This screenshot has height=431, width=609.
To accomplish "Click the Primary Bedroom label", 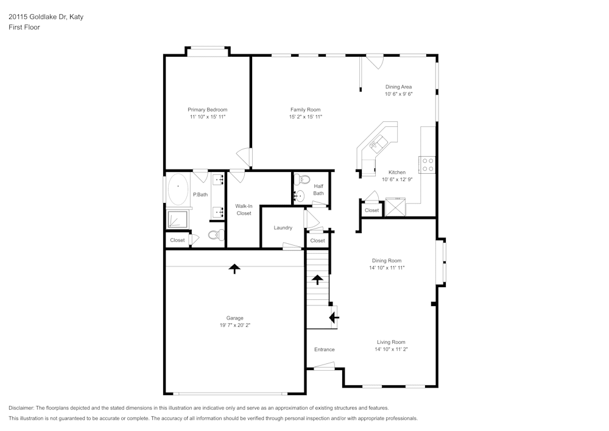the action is pyautogui.click(x=208, y=110).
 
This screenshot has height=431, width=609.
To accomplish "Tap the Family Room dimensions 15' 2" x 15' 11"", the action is pyautogui.click(x=306, y=116).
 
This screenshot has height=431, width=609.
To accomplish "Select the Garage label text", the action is pyautogui.click(x=234, y=318).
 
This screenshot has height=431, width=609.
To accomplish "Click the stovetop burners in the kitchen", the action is pyautogui.click(x=428, y=165).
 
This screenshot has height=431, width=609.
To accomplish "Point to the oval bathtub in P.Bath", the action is pyautogui.click(x=178, y=189).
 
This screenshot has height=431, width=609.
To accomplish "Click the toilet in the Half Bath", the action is pyautogui.click(x=302, y=180).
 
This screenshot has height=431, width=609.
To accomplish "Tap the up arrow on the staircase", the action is pyautogui.click(x=318, y=279).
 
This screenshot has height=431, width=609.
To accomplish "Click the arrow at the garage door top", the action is pyautogui.click(x=234, y=269).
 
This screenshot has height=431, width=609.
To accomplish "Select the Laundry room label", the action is pyautogui.click(x=283, y=228).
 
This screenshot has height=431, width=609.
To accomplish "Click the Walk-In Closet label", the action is pyautogui.click(x=244, y=210).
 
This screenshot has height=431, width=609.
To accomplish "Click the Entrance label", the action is pyautogui.click(x=325, y=349).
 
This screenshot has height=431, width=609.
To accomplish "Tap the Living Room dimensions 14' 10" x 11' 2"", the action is pyautogui.click(x=391, y=349).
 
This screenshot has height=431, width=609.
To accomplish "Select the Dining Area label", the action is pyautogui.click(x=398, y=87).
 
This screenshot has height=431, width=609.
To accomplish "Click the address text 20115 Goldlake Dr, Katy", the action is pyautogui.click(x=46, y=16).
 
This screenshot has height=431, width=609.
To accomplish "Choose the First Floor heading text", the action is pyautogui.click(x=24, y=27).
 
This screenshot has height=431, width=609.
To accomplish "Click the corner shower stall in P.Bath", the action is pyautogui.click(x=177, y=219).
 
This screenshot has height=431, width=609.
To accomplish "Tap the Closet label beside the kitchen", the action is pyautogui.click(x=371, y=210).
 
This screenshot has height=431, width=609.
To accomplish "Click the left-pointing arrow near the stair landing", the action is pyautogui.click(x=334, y=318).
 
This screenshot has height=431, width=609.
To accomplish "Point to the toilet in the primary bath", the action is pyautogui.click(x=216, y=235).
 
